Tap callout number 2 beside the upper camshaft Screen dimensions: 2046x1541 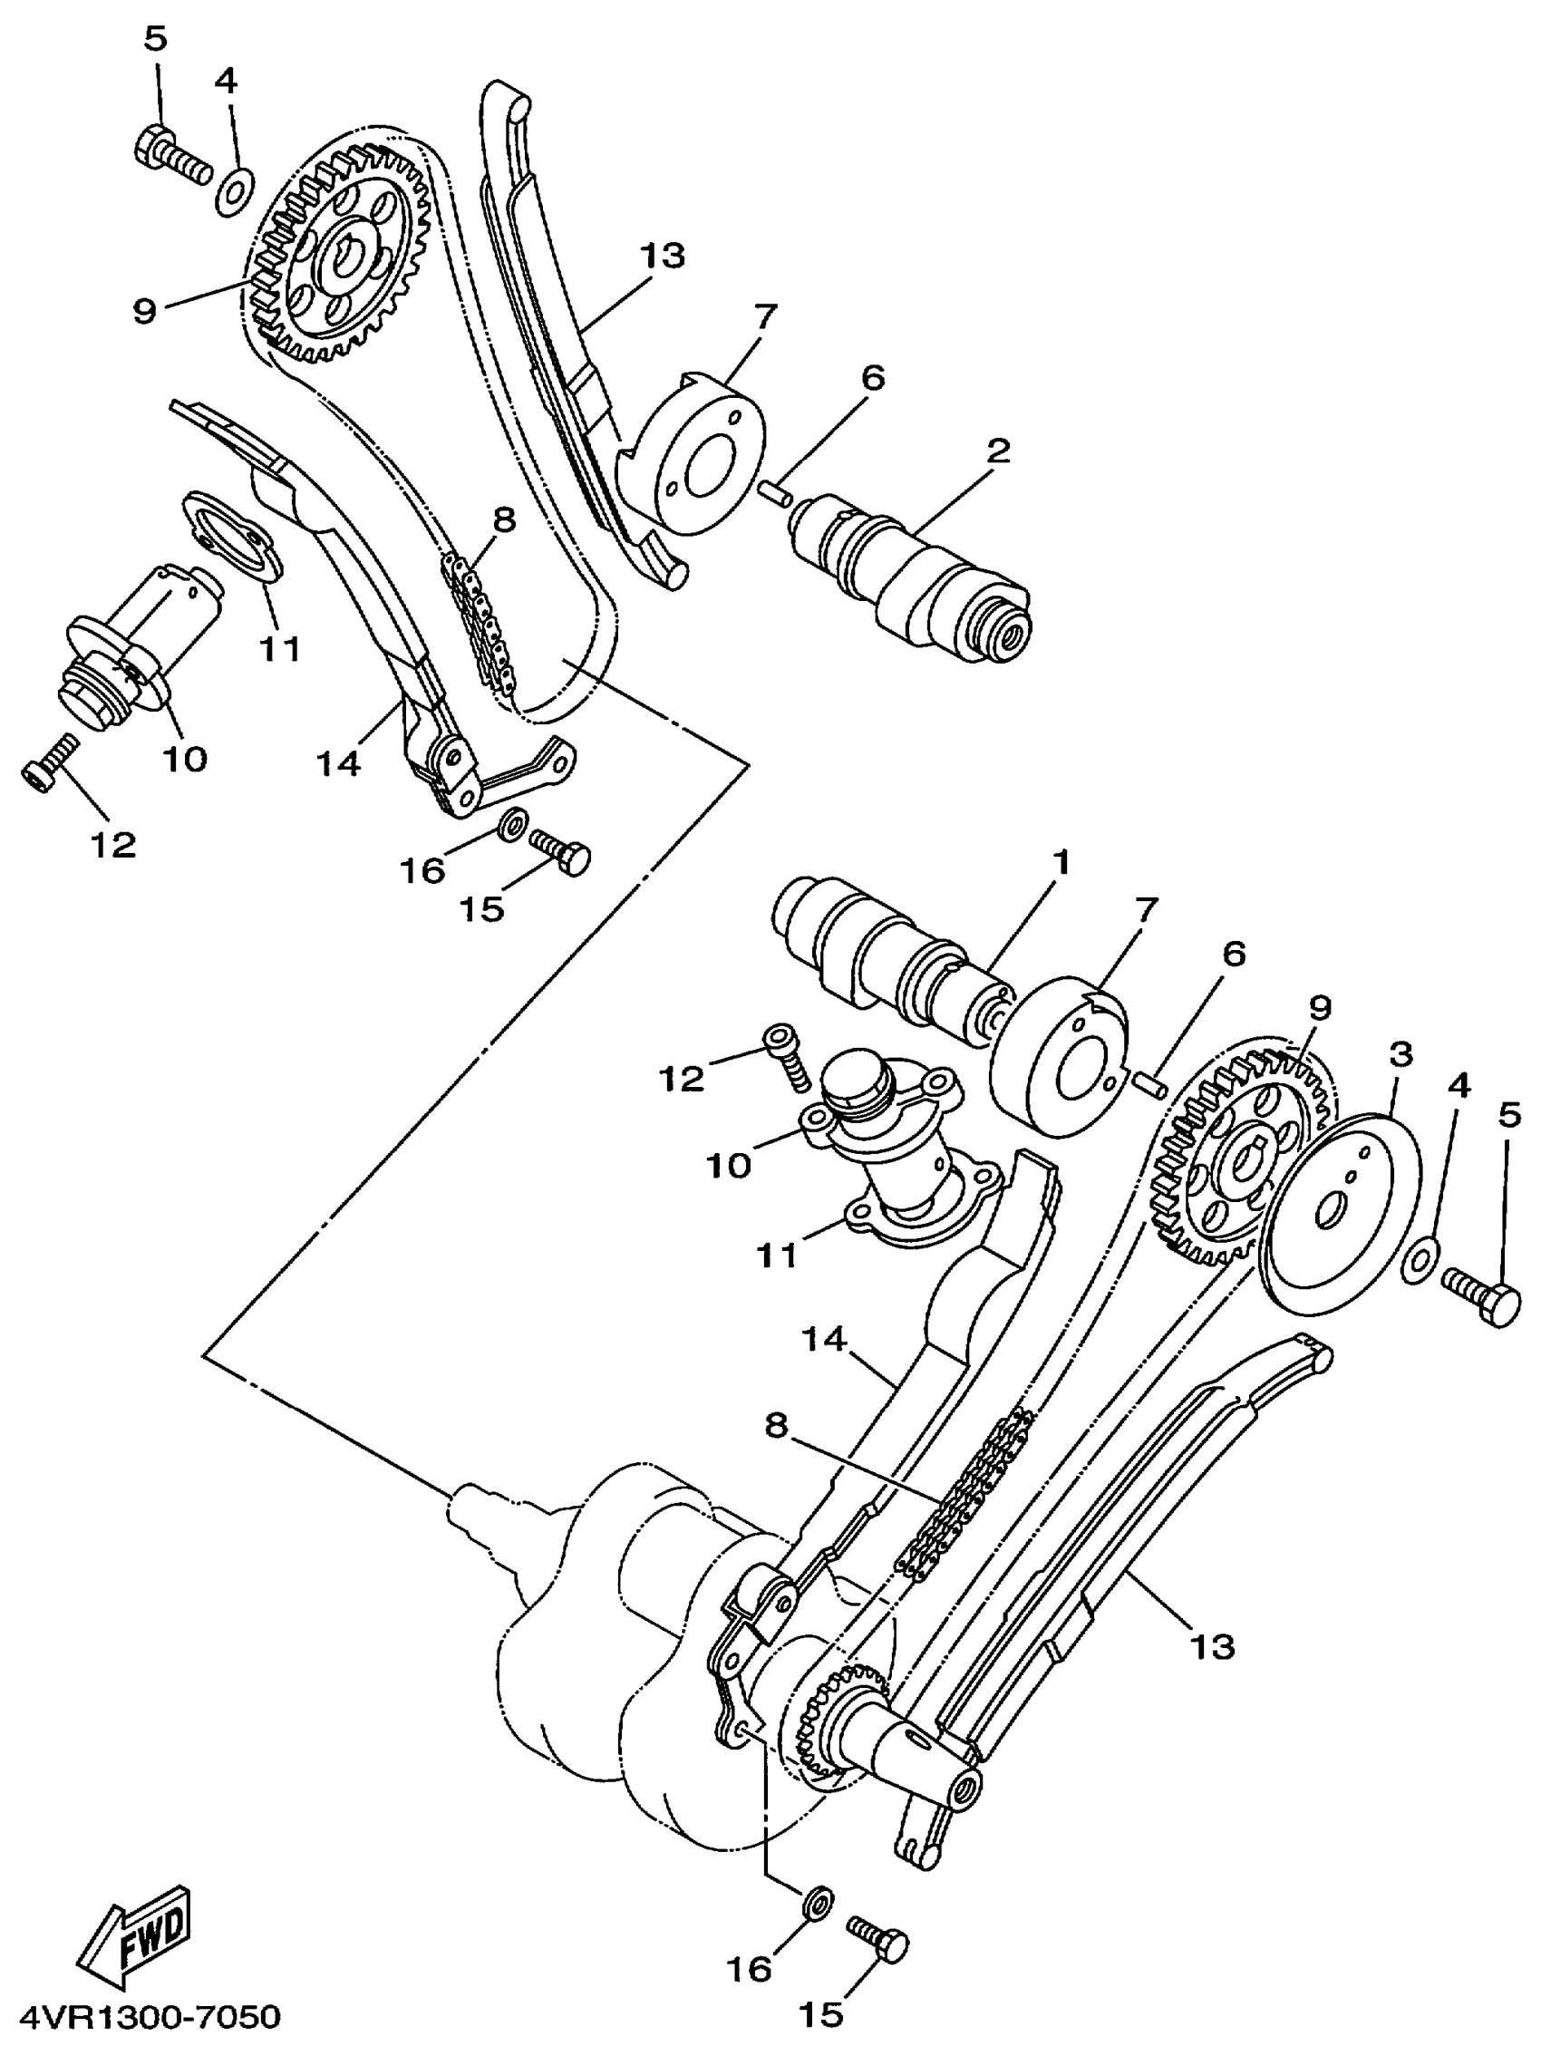click(x=997, y=451)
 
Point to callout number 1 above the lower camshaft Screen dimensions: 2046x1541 click(x=1061, y=863)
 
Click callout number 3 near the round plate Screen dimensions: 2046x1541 click(x=1401, y=1053)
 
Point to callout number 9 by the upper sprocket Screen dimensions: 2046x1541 click(x=143, y=310)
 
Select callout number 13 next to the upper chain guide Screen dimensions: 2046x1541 click(x=662, y=257)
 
